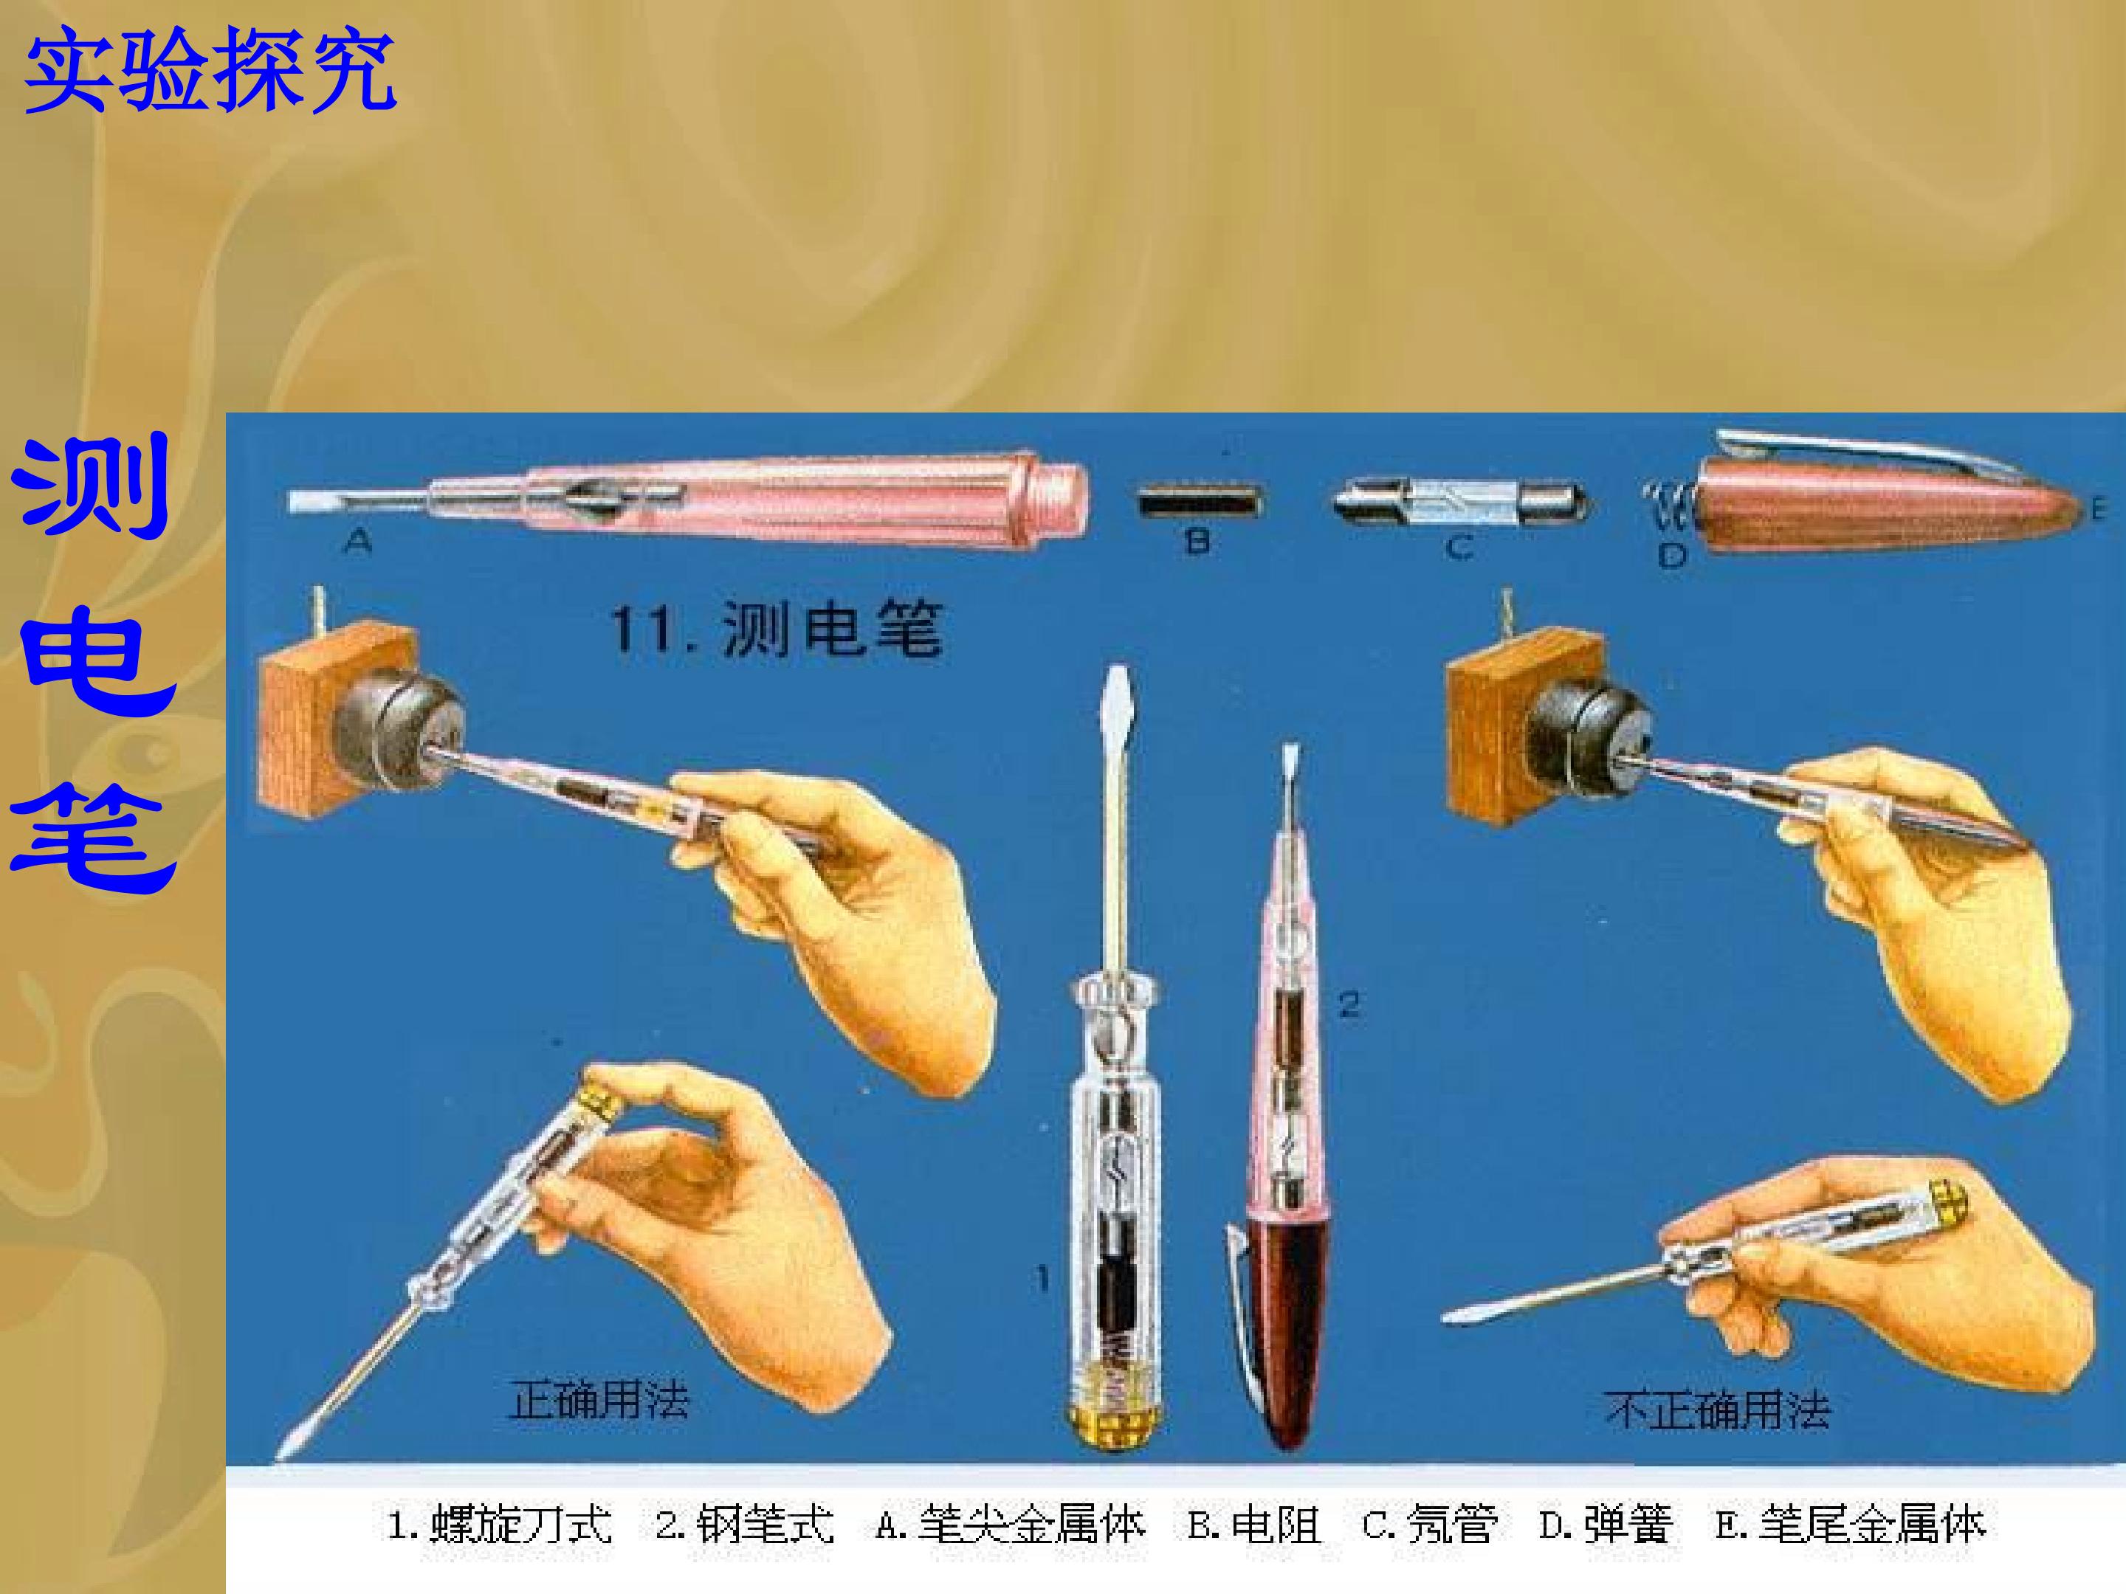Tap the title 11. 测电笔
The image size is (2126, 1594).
(x=776, y=629)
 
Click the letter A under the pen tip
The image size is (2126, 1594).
(x=357, y=543)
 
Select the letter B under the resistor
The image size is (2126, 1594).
(x=1197, y=542)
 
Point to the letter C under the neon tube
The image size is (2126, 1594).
(x=1459, y=548)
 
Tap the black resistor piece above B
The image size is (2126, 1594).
(x=1199, y=503)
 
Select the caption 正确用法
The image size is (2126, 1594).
(x=599, y=1400)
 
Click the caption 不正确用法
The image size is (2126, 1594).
(x=1718, y=1410)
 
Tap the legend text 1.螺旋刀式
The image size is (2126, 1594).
(x=499, y=1525)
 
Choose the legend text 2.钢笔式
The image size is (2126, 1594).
(x=745, y=1525)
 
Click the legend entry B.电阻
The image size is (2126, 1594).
(x=1254, y=1525)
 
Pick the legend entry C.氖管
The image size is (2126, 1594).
(x=1429, y=1525)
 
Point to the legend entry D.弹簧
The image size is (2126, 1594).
(x=1606, y=1525)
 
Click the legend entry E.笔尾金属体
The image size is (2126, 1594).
(x=1850, y=1525)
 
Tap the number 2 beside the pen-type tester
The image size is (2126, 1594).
(x=1349, y=1006)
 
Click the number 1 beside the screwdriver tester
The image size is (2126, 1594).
(x=1043, y=1279)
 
